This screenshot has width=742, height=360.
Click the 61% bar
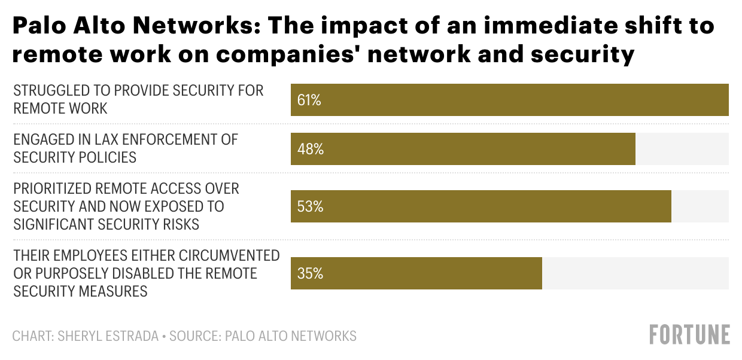coord(509,100)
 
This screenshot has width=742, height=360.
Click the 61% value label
coord(309,100)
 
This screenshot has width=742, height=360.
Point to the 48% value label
coord(311,150)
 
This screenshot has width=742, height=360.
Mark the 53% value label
coord(311,207)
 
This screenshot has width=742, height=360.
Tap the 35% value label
coord(311,274)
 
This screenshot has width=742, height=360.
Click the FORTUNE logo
coord(690,335)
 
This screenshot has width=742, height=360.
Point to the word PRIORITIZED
coord(52,189)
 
